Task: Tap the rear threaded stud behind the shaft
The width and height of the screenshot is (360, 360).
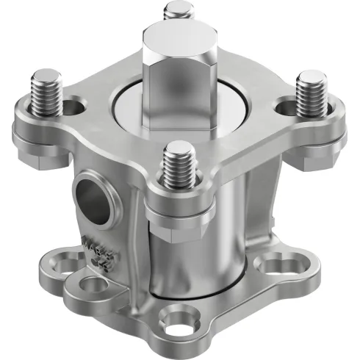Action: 177,10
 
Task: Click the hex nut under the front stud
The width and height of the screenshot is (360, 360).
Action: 180,209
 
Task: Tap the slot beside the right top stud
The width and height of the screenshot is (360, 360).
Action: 284,107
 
